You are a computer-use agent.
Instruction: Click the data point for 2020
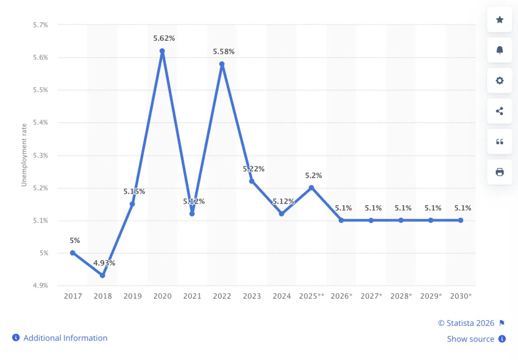162,51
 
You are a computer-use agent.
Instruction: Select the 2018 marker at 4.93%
102,276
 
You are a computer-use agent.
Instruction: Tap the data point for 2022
222,64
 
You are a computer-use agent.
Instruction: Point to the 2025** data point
311,187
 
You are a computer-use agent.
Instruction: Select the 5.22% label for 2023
253,169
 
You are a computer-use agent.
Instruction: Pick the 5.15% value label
134,191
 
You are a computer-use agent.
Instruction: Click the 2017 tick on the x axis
73,296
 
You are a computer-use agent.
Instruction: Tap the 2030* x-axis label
461,296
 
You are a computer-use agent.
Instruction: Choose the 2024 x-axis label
282,296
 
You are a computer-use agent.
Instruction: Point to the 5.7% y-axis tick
40,25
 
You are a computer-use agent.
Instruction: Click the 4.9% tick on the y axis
40,286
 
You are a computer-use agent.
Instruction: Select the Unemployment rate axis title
24,155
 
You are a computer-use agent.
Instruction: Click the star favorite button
499,20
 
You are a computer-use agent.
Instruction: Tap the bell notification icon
499,50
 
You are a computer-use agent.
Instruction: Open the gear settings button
499,81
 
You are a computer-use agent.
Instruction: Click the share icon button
499,111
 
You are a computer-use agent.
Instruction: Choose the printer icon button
499,172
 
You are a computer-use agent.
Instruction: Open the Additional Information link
65,338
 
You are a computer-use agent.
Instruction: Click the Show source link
471,339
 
